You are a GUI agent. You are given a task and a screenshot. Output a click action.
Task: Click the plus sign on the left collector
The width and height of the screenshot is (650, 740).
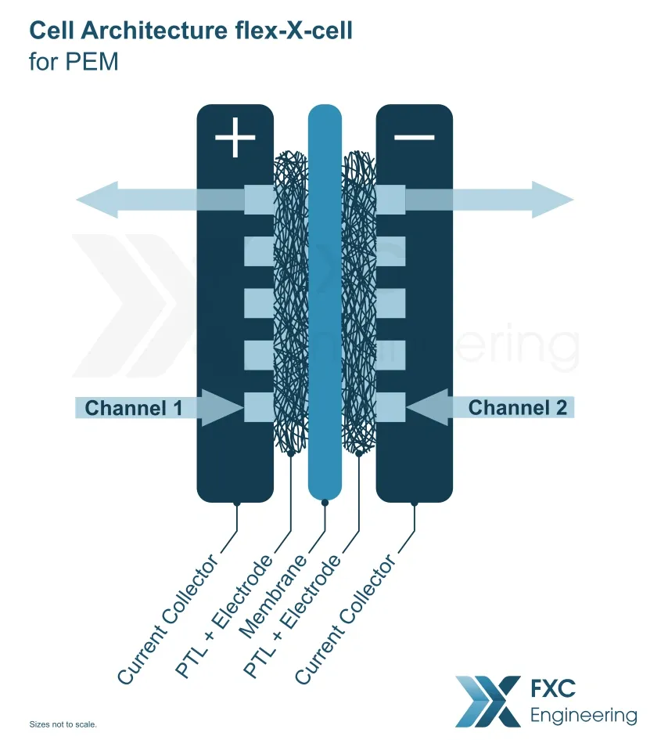[235, 137]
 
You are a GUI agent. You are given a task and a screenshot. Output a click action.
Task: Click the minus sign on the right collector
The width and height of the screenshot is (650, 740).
[415, 137]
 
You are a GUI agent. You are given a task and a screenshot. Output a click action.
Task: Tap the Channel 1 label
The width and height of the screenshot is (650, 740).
[134, 408]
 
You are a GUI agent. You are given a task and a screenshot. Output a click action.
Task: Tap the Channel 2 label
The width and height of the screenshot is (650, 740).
[517, 408]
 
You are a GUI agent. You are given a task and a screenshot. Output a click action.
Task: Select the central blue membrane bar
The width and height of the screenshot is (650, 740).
[325, 302]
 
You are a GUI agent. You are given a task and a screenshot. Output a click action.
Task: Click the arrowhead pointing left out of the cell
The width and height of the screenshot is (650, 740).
[97, 200]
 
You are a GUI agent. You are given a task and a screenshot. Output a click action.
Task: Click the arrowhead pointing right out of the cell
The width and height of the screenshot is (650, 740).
[552, 200]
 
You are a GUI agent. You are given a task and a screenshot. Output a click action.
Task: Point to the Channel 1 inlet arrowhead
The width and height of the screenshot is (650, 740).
[222, 408]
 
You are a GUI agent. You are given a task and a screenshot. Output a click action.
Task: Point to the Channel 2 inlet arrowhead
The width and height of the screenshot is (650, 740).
[427, 407]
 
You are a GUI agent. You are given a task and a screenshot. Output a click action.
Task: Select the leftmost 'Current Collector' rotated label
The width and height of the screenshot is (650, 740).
[168, 618]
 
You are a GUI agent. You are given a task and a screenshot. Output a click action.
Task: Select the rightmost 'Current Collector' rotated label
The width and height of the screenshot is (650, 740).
[346, 618]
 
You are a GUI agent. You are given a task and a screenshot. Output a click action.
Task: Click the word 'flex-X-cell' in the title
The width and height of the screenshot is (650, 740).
[293, 31]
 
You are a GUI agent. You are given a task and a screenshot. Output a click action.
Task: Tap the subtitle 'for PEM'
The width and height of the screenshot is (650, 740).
[74, 61]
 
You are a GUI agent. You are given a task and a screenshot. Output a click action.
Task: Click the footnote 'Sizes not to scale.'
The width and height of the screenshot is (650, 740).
[63, 724]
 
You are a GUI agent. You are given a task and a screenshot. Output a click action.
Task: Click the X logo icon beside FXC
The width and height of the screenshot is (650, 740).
[488, 702]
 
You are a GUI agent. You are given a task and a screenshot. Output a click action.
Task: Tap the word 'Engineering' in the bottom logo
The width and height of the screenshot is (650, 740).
[584, 716]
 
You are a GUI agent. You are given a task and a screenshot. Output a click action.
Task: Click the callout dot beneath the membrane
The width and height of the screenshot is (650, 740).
[325, 503]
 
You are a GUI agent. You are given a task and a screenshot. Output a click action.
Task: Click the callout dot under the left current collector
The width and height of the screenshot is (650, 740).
[237, 504]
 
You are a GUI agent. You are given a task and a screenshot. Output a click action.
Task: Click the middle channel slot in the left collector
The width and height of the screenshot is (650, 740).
[259, 303]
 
